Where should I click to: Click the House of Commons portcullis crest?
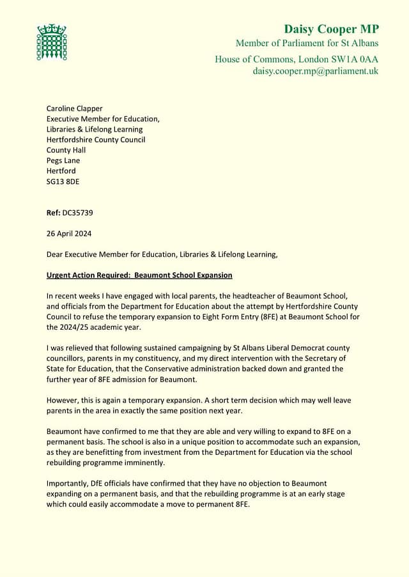[x=51, y=42]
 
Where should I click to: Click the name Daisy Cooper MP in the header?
[x=331, y=29]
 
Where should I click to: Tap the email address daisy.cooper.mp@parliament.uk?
[x=315, y=71]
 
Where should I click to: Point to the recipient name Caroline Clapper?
[x=74, y=109]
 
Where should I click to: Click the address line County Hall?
[x=66, y=150]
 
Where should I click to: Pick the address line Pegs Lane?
[x=63, y=160]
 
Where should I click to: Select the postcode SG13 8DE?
[x=63, y=181]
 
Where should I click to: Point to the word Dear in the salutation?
[x=56, y=254]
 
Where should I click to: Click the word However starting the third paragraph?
[x=63, y=400]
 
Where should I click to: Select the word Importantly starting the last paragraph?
[x=68, y=484]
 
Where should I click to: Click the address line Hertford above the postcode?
[x=61, y=171]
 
